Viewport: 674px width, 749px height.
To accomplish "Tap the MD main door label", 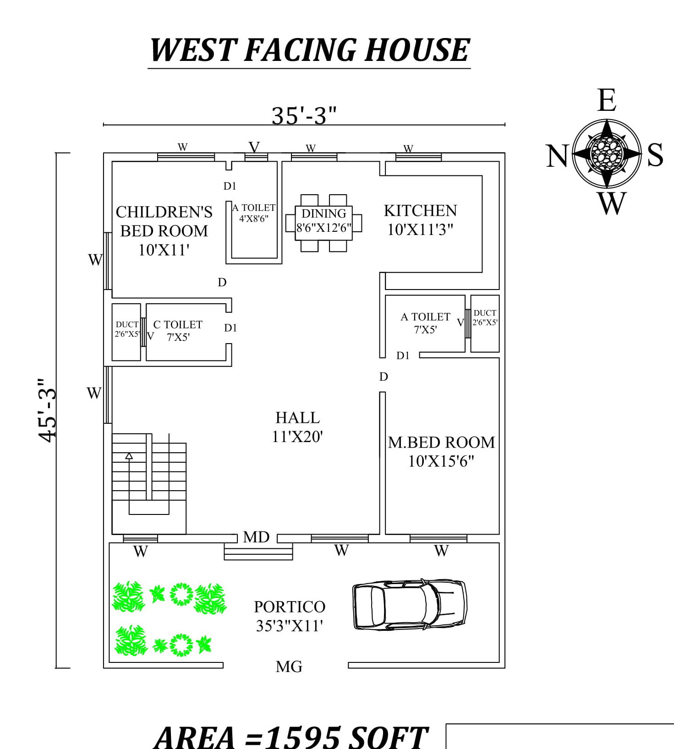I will (x=256, y=537).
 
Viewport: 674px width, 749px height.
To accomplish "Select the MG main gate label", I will (x=289, y=667).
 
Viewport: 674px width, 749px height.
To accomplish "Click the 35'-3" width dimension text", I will (x=304, y=115).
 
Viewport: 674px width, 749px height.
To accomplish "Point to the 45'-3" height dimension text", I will (x=48, y=410).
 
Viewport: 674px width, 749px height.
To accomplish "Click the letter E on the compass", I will (x=607, y=101).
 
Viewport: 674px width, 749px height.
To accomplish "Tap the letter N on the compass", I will (x=557, y=156).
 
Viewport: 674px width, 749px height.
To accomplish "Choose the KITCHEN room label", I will (x=420, y=211).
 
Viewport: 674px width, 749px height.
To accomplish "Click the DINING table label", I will (x=323, y=214).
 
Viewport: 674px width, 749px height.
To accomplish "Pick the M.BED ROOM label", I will (x=441, y=443).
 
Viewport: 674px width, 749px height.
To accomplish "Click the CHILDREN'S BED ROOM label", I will (x=164, y=221).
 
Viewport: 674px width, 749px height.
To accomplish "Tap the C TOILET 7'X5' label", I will (x=178, y=330).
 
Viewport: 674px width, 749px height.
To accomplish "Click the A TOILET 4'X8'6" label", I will (x=254, y=213).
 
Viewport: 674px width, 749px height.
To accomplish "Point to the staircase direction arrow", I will (x=129, y=456).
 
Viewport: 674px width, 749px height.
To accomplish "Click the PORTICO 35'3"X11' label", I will (x=290, y=616).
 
